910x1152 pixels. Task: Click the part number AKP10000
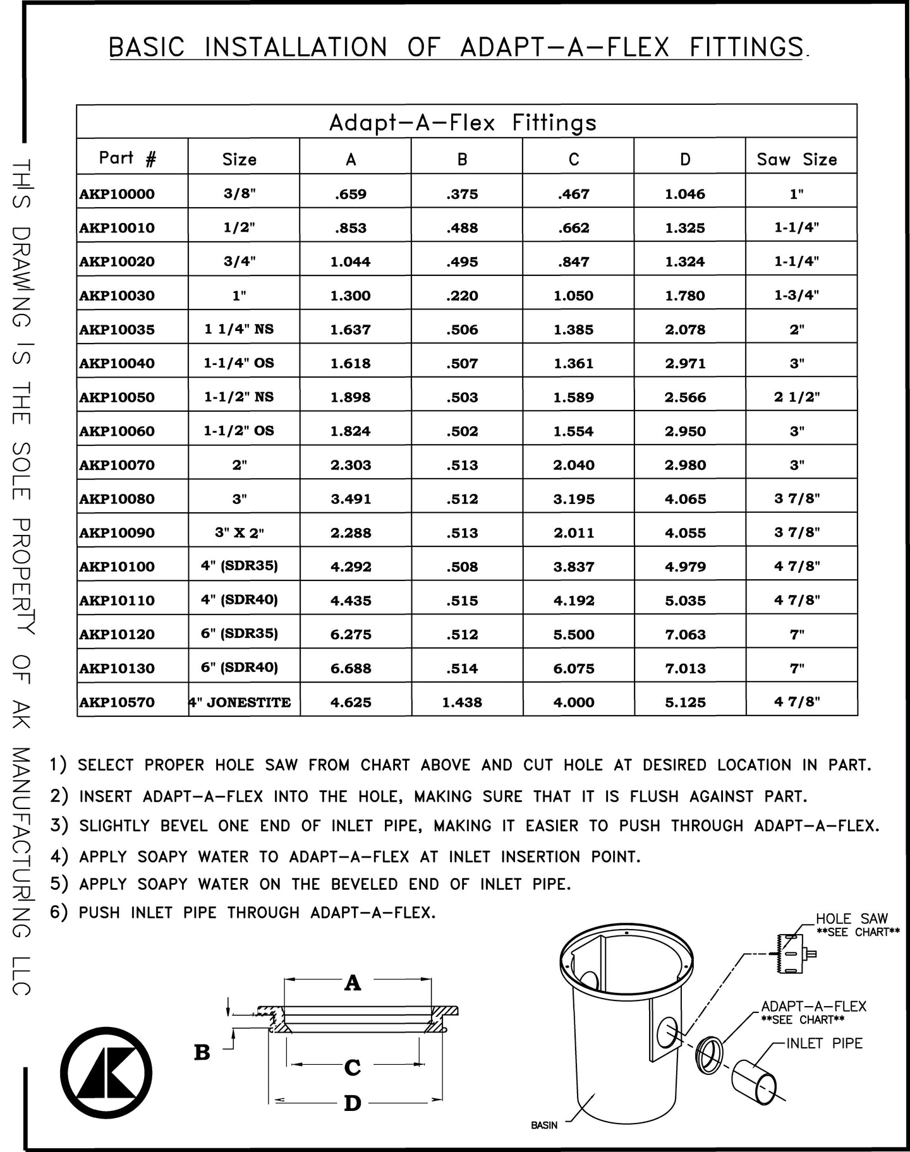[117, 194]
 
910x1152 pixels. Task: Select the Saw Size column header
[797, 159]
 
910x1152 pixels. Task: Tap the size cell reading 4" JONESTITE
[241, 702]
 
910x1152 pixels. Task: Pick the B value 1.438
[462, 702]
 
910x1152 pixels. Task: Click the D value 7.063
[685, 635]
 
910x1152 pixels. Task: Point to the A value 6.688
[351, 668]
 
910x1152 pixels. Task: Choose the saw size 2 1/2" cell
[797, 397]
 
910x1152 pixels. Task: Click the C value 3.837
[574, 567]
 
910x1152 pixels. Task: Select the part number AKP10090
[117, 533]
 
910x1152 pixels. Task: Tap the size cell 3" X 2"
[240, 533]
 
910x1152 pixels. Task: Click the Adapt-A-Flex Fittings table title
[463, 123]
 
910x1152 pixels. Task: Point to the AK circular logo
[106, 1072]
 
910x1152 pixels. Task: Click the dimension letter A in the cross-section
[353, 982]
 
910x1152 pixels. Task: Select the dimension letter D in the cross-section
[353, 1103]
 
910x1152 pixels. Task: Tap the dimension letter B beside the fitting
[202, 1053]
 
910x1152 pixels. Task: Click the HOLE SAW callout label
[852, 919]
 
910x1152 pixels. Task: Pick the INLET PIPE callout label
[824, 1043]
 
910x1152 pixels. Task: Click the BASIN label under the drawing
[544, 1125]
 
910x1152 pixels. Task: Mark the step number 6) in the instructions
[59, 913]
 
